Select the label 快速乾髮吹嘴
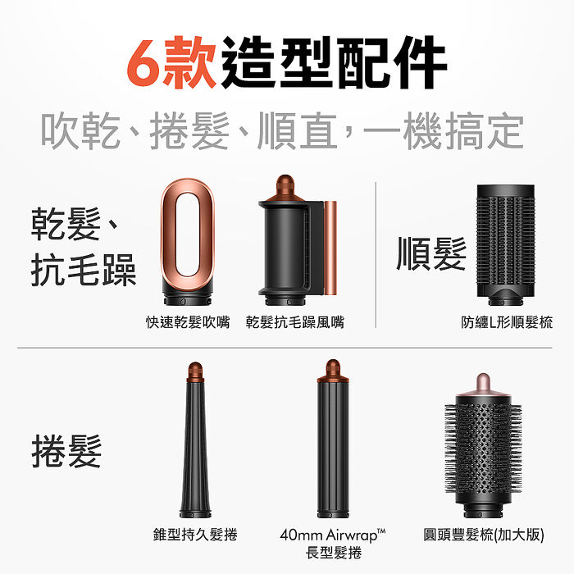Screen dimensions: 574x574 [x=188, y=322]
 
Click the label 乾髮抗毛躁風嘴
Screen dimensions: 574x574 [x=295, y=322]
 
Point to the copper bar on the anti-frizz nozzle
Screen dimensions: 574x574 [x=330, y=248]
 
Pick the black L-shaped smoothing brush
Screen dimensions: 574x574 [x=506, y=244]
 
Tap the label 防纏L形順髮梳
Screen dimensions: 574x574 [x=507, y=322]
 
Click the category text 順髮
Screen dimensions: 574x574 [x=431, y=253]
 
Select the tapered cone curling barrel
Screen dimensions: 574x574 [x=195, y=440]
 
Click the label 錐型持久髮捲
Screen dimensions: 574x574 [x=195, y=535]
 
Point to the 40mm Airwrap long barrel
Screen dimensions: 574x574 [x=333, y=439]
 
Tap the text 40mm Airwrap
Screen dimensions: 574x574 [x=329, y=535]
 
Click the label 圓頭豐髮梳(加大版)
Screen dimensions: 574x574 [x=484, y=535]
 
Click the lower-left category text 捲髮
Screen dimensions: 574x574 [x=66, y=451]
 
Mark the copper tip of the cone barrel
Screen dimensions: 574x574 [x=195, y=372]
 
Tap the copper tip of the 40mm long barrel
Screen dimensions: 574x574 [x=333, y=371]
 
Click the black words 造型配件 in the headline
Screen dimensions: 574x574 [x=334, y=62]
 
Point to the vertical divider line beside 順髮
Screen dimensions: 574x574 [x=376, y=255]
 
